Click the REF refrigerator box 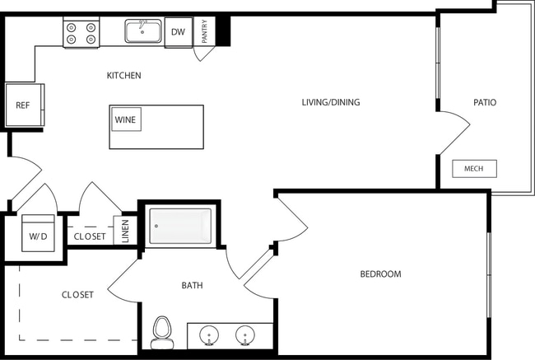click(x=24, y=105)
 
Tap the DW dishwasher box click(x=178, y=32)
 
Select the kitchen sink click(x=142, y=31)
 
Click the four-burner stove click(x=81, y=32)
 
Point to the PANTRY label click(x=204, y=32)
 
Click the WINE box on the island click(x=126, y=119)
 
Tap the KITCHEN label click(x=124, y=76)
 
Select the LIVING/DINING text click(x=331, y=103)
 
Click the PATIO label click(x=485, y=103)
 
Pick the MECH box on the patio click(x=474, y=169)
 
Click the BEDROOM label click(x=380, y=274)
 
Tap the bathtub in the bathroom click(x=179, y=226)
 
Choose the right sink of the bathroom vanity click(x=244, y=336)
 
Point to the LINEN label click(x=125, y=232)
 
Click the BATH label click(x=193, y=286)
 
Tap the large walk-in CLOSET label click(x=77, y=295)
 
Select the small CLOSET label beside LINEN click(x=90, y=236)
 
